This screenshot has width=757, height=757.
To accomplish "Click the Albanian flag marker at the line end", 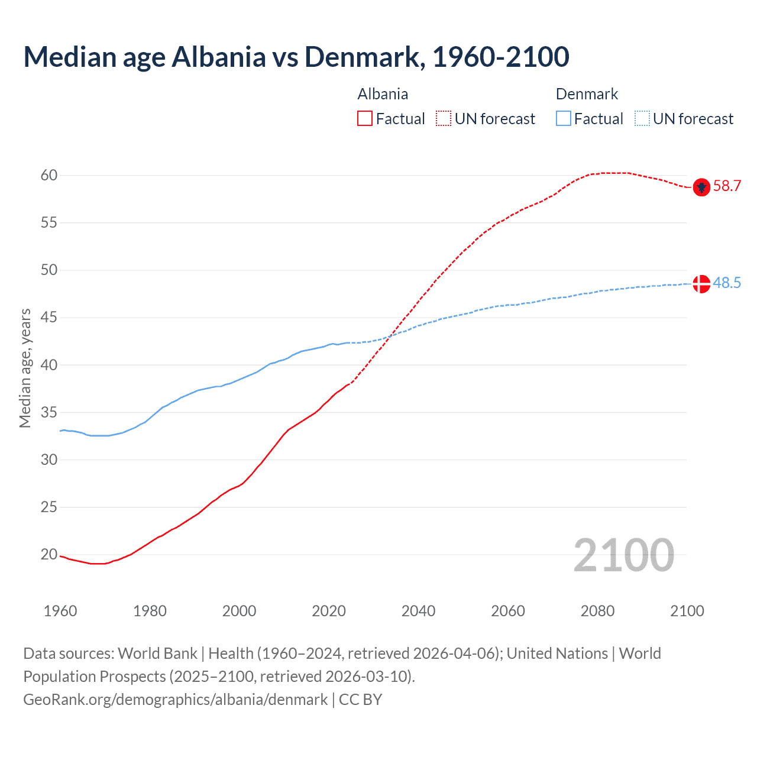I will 701,187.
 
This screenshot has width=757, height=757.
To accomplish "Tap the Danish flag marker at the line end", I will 701,284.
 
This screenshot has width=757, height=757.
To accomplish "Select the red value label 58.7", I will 727,186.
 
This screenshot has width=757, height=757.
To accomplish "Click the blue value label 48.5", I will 727,283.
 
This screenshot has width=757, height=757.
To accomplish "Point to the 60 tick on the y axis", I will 49,175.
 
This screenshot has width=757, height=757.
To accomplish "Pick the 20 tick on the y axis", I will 49,555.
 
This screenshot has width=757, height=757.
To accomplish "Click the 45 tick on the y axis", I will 49,318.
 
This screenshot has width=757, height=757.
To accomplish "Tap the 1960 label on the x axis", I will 60,611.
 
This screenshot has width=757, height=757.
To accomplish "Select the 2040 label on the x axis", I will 418,611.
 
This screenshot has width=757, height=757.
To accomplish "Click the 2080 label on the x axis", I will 597,611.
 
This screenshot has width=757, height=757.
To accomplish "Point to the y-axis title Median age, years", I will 25,368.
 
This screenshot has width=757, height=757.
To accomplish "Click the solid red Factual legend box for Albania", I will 365,119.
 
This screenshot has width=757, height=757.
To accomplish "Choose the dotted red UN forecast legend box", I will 444,119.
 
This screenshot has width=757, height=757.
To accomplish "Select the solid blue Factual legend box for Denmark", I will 564,119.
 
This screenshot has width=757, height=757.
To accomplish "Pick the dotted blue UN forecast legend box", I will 642,119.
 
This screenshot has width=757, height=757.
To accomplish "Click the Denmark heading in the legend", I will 587,94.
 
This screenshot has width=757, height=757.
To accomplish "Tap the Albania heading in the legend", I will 383,94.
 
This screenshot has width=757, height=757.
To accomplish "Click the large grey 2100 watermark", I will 623,555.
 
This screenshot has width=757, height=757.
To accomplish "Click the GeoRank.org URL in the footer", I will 175,700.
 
